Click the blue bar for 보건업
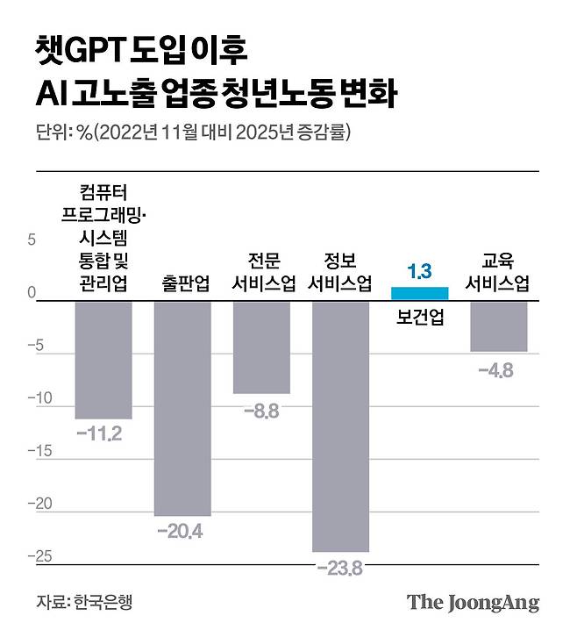[419, 293]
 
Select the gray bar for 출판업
[182, 408]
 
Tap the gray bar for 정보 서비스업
[341, 426]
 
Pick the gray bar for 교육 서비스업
[498, 326]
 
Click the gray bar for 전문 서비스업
[261, 347]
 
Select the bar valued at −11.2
[103, 360]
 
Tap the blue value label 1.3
[419, 271]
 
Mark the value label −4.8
[495, 369]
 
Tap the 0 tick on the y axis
[32, 293]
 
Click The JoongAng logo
[473, 603]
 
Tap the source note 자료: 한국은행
[89, 603]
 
